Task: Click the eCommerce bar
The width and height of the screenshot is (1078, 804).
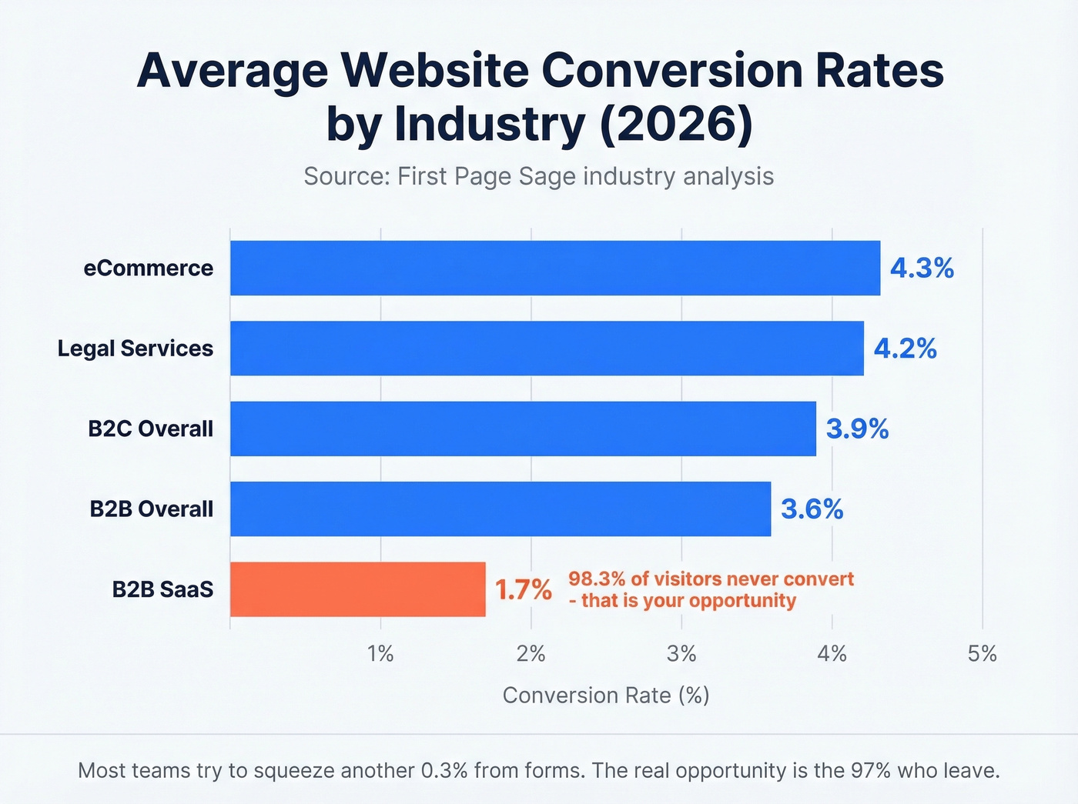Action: [554, 268]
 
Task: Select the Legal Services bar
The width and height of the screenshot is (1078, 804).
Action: [547, 349]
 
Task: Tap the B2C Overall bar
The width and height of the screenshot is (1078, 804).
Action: [523, 429]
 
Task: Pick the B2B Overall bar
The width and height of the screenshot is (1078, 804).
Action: [500, 509]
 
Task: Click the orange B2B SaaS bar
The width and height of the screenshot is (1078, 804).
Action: [357, 589]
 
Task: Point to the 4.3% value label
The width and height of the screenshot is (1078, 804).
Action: [922, 269]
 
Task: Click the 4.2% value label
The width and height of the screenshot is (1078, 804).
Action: [905, 349]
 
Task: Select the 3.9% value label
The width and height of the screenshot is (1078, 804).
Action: [857, 429]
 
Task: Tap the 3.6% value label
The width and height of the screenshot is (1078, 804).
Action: [812, 509]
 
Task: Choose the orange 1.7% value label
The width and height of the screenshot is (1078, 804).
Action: [523, 590]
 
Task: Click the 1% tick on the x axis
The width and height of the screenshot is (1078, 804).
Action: [380, 654]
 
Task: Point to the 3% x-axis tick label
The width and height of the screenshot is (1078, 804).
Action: [681, 654]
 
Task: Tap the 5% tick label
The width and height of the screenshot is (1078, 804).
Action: [982, 654]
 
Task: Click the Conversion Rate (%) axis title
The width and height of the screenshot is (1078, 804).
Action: [606, 696]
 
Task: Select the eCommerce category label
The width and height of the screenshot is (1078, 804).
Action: [149, 269]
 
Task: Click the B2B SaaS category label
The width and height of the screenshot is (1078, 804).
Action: [162, 589]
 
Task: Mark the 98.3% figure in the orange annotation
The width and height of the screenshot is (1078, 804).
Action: [597, 579]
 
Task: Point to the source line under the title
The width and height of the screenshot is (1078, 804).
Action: [538, 176]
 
